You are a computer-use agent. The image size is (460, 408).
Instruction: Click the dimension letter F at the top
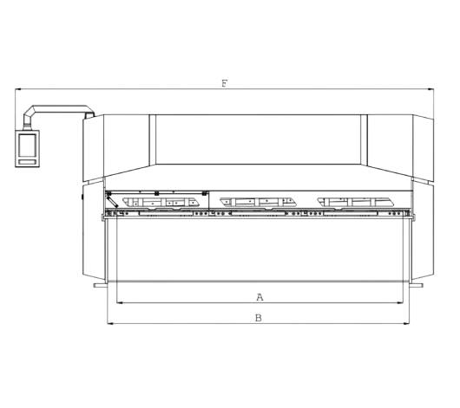(x=225, y=84)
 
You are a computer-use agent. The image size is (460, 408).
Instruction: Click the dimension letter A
(x=260, y=297)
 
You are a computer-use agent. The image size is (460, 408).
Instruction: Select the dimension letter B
(x=259, y=318)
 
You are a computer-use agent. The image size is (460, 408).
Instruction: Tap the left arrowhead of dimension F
(x=18, y=89)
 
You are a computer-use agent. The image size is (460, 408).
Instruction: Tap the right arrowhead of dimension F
(x=430, y=89)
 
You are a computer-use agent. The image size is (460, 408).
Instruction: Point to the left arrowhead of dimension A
(x=120, y=303)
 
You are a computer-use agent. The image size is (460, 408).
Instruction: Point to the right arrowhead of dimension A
(x=400, y=303)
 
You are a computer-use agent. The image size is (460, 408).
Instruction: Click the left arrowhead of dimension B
(x=110, y=324)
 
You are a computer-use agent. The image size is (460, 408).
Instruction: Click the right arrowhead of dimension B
(x=405, y=324)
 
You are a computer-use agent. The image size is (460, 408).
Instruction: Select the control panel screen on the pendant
(x=27, y=146)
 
